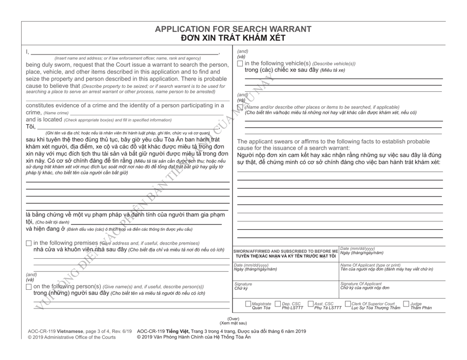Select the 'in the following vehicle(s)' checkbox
tap(240, 62)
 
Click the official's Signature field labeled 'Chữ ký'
tap(286, 290)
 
